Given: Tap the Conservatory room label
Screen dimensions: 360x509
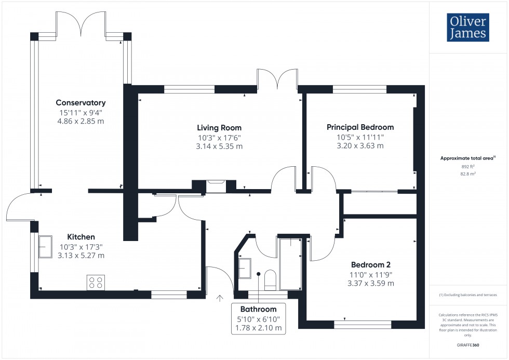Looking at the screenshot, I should (81, 103).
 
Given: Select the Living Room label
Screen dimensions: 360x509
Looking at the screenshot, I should (219, 127).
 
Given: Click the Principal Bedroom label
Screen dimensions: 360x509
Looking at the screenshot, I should (360, 127).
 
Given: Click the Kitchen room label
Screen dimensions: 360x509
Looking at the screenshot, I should (81, 236).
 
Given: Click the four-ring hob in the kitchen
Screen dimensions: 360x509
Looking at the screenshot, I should (96, 282).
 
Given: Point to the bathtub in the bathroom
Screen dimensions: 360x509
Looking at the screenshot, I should (290, 263).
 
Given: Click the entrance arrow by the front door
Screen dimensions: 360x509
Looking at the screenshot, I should (219, 298).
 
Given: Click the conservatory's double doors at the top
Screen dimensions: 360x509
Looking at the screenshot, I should (82, 23).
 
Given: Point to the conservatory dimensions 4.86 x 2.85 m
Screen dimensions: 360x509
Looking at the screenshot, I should (81, 121).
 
